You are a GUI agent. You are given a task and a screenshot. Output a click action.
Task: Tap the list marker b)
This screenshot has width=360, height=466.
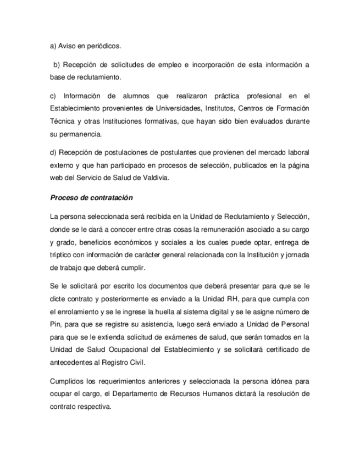(58, 65)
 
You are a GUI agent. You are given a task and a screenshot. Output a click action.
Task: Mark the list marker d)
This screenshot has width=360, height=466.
(53, 152)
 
